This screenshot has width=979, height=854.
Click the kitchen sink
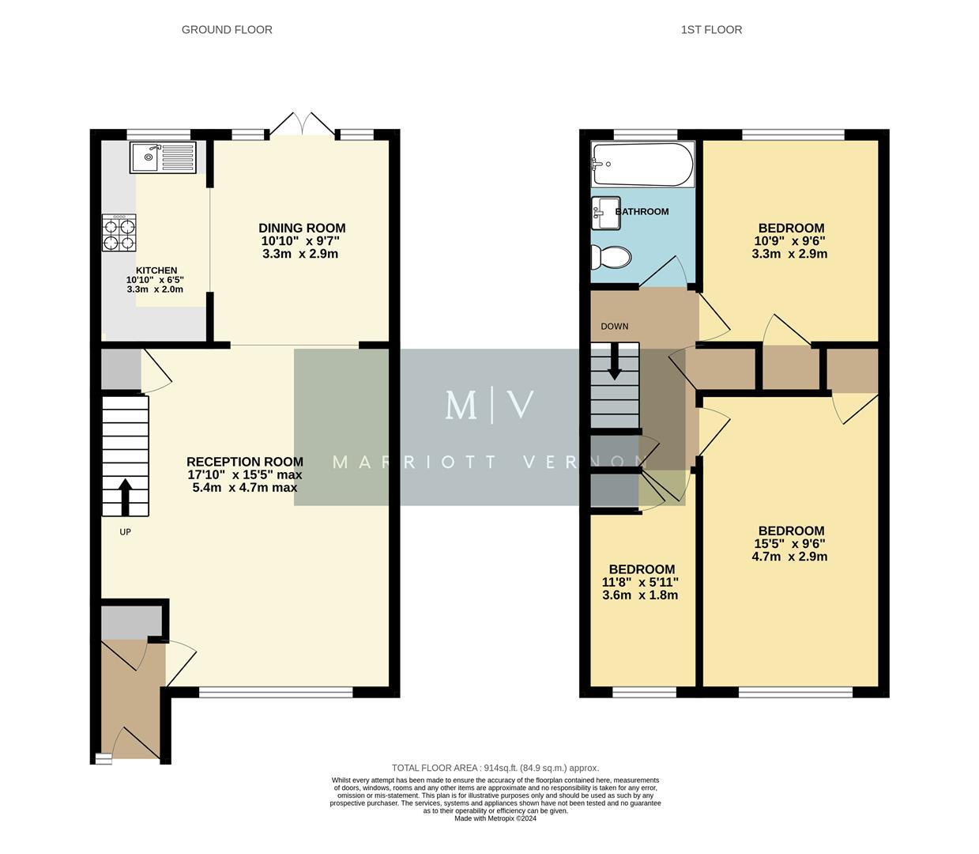click(163, 157)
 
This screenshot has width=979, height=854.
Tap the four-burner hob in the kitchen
click(119, 233)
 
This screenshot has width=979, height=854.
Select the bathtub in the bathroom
click(642, 164)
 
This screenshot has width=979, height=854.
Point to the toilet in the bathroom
click(611, 257)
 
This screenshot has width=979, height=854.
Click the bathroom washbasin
click(606, 213)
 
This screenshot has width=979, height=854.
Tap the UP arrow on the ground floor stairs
click(125, 496)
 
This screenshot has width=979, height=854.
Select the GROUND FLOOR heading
click(227, 30)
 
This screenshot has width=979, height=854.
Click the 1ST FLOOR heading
click(711, 30)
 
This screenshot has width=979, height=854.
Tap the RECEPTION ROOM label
click(245, 462)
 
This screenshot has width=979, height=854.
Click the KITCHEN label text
click(156, 270)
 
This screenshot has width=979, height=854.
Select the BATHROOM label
click(642, 211)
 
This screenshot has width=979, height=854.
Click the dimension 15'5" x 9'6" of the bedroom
click(789, 544)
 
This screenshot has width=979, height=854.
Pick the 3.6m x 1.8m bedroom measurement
click(640, 595)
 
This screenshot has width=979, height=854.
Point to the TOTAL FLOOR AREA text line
click(495, 768)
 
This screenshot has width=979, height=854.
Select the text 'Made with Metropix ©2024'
click(495, 818)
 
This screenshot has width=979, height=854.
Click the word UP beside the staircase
click(125, 532)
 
